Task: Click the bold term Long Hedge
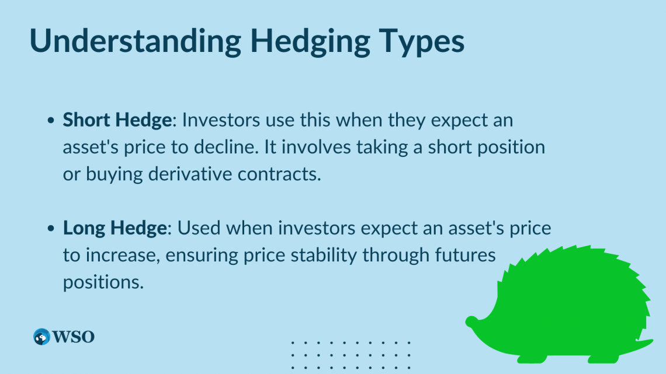click(x=115, y=228)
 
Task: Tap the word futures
click(x=468, y=255)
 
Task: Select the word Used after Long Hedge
click(x=199, y=228)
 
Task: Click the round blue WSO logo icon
click(x=41, y=337)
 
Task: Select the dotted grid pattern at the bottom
click(x=351, y=355)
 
